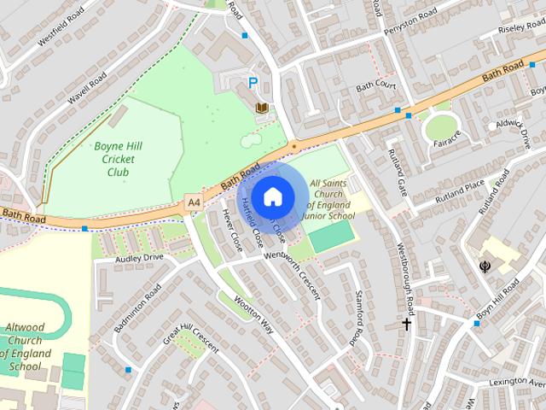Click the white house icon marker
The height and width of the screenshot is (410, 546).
click(272, 196)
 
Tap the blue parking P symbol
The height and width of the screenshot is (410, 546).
click(253, 83)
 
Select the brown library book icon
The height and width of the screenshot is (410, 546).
click(261, 107)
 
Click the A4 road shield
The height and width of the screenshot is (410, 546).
click(194, 202)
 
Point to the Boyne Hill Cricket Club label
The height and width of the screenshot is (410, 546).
click(118, 159)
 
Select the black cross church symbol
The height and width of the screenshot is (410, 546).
click(407, 324)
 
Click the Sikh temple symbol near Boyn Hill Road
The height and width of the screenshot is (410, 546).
click(485, 266)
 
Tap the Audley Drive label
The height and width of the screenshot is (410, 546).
click(141, 257)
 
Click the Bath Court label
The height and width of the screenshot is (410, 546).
click(376, 85)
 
